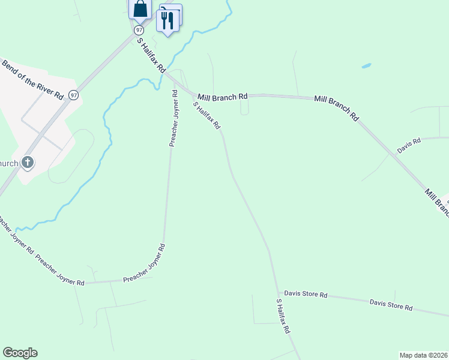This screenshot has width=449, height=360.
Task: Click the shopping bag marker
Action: pos(140,10)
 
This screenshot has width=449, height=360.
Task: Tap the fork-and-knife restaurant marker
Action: pos(167,21)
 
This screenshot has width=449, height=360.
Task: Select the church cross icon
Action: pos(27,162)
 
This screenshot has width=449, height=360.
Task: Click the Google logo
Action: pos(20,353)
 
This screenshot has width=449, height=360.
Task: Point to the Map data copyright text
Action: pos(423,355)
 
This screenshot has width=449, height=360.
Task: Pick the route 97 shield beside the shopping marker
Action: pos(139,29)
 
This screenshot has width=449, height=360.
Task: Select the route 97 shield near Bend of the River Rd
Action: pos(73,95)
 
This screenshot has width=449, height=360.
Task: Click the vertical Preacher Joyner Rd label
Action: pos(173,118)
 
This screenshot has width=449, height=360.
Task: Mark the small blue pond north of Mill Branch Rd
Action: pos(366,65)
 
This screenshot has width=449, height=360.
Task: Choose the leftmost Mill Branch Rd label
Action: pos(223,96)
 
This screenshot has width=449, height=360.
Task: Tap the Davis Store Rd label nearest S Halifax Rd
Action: pos(306,294)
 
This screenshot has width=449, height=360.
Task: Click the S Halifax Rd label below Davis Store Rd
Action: pos(283,316)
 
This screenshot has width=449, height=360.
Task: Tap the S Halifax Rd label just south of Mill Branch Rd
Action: pos(206,115)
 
